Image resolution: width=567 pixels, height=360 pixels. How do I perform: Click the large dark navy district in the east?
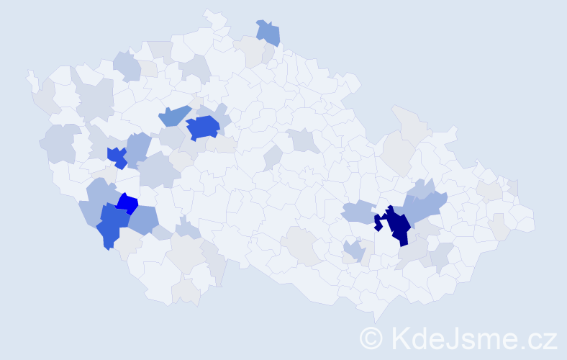point(397,225)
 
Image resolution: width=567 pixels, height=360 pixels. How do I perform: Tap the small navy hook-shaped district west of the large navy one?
point(377,222)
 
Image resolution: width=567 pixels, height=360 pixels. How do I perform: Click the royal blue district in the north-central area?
point(202,127)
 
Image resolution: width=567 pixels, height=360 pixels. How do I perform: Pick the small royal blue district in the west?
point(117,156)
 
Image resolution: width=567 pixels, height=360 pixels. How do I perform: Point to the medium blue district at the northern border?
point(268,32)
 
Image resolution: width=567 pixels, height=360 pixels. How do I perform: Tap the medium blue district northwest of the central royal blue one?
point(173,115)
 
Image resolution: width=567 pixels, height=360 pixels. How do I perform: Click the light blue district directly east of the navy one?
point(425,209)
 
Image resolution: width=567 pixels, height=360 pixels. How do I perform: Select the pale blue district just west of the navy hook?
point(357,212)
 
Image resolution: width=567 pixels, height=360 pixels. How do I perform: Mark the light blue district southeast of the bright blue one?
point(145,219)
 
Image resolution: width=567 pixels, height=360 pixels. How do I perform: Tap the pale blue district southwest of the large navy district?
point(353,251)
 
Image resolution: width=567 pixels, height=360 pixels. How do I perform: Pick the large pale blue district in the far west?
point(62,143)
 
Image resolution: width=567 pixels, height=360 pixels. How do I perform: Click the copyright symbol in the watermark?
point(372,338)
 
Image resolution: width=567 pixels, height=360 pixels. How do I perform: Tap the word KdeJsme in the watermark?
point(454,338)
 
